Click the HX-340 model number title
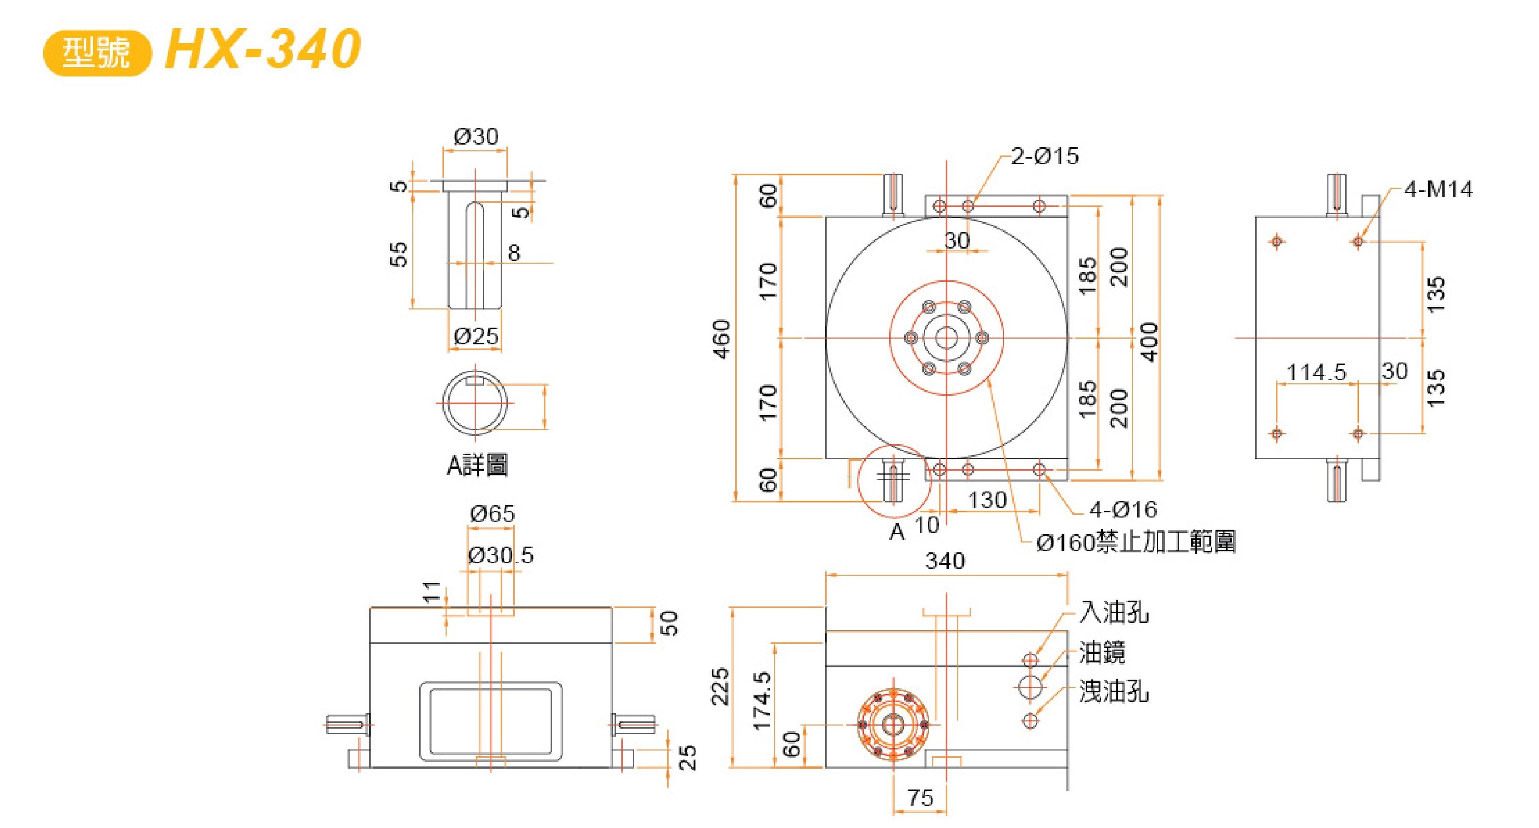[x=263, y=49]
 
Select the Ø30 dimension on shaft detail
[x=476, y=137]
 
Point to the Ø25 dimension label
[x=476, y=336]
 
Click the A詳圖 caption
[x=477, y=465]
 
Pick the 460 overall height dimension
[x=722, y=340]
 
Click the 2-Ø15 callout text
[x=1045, y=156]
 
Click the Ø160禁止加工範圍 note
[x=1135, y=542]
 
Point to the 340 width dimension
[x=945, y=561]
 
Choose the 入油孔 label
[x=1114, y=613]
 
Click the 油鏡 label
[x=1102, y=652]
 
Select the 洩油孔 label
[x=1114, y=691]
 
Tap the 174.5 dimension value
[x=762, y=700]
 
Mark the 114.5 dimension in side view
[x=1316, y=372]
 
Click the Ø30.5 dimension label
[x=501, y=555]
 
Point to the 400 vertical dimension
[x=1149, y=342]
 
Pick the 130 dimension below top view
[x=987, y=500]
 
